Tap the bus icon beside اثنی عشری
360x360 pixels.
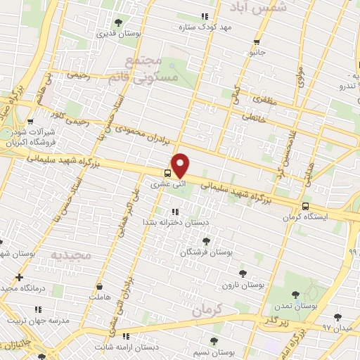167,173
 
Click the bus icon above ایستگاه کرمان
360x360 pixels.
305,206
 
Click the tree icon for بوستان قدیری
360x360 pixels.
117,22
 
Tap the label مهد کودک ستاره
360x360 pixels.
206,27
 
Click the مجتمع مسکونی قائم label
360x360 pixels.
152,70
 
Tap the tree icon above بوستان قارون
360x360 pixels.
243,273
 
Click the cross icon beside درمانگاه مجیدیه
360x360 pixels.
18,277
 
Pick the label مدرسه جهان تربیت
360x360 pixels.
34,320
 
